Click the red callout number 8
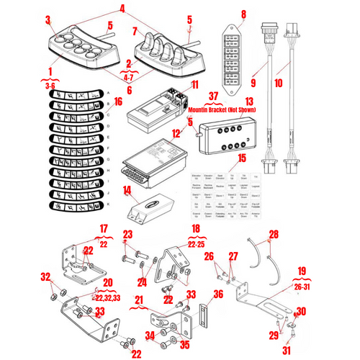pyautogui.click(x=243, y=14)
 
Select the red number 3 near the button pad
pyautogui.click(x=48, y=19)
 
